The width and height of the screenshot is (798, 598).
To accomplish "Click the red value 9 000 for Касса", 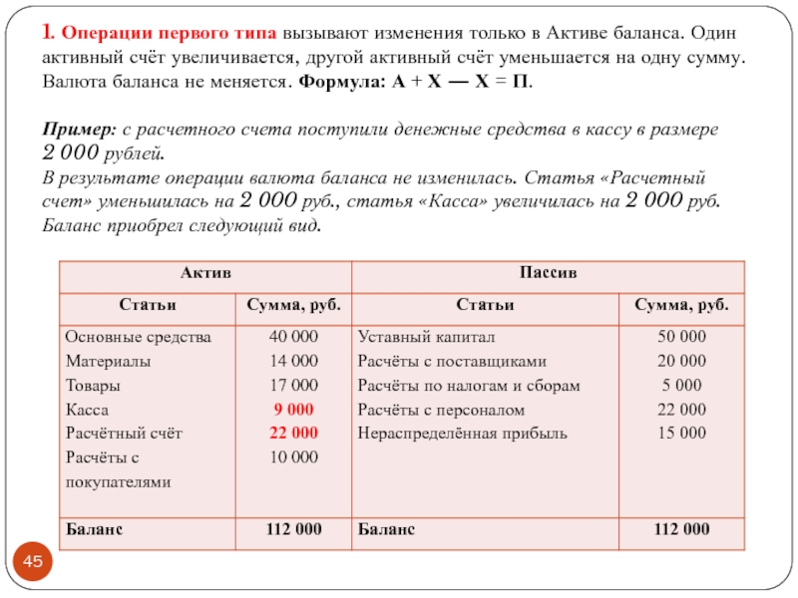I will pos(293,409).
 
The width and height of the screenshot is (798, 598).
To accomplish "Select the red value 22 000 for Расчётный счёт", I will pos(293,433).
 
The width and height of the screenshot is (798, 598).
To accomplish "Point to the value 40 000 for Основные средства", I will pos(293,337).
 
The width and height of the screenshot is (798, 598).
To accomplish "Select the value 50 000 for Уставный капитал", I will pos(682,337).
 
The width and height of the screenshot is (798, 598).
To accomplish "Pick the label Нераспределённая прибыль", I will pos(463,433).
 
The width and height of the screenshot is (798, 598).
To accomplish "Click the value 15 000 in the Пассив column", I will pos(682,433).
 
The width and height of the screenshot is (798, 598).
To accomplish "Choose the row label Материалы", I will pos(108,361).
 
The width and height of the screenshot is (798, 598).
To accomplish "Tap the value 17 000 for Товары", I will pos(293,385).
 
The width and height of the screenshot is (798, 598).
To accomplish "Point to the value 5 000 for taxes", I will pos(682,385).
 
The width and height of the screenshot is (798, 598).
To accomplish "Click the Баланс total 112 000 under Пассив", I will pos(682,528).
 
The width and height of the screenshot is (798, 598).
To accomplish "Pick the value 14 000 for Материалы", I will pos(293,361).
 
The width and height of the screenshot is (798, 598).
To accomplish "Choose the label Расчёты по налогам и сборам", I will pos(469,385).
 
